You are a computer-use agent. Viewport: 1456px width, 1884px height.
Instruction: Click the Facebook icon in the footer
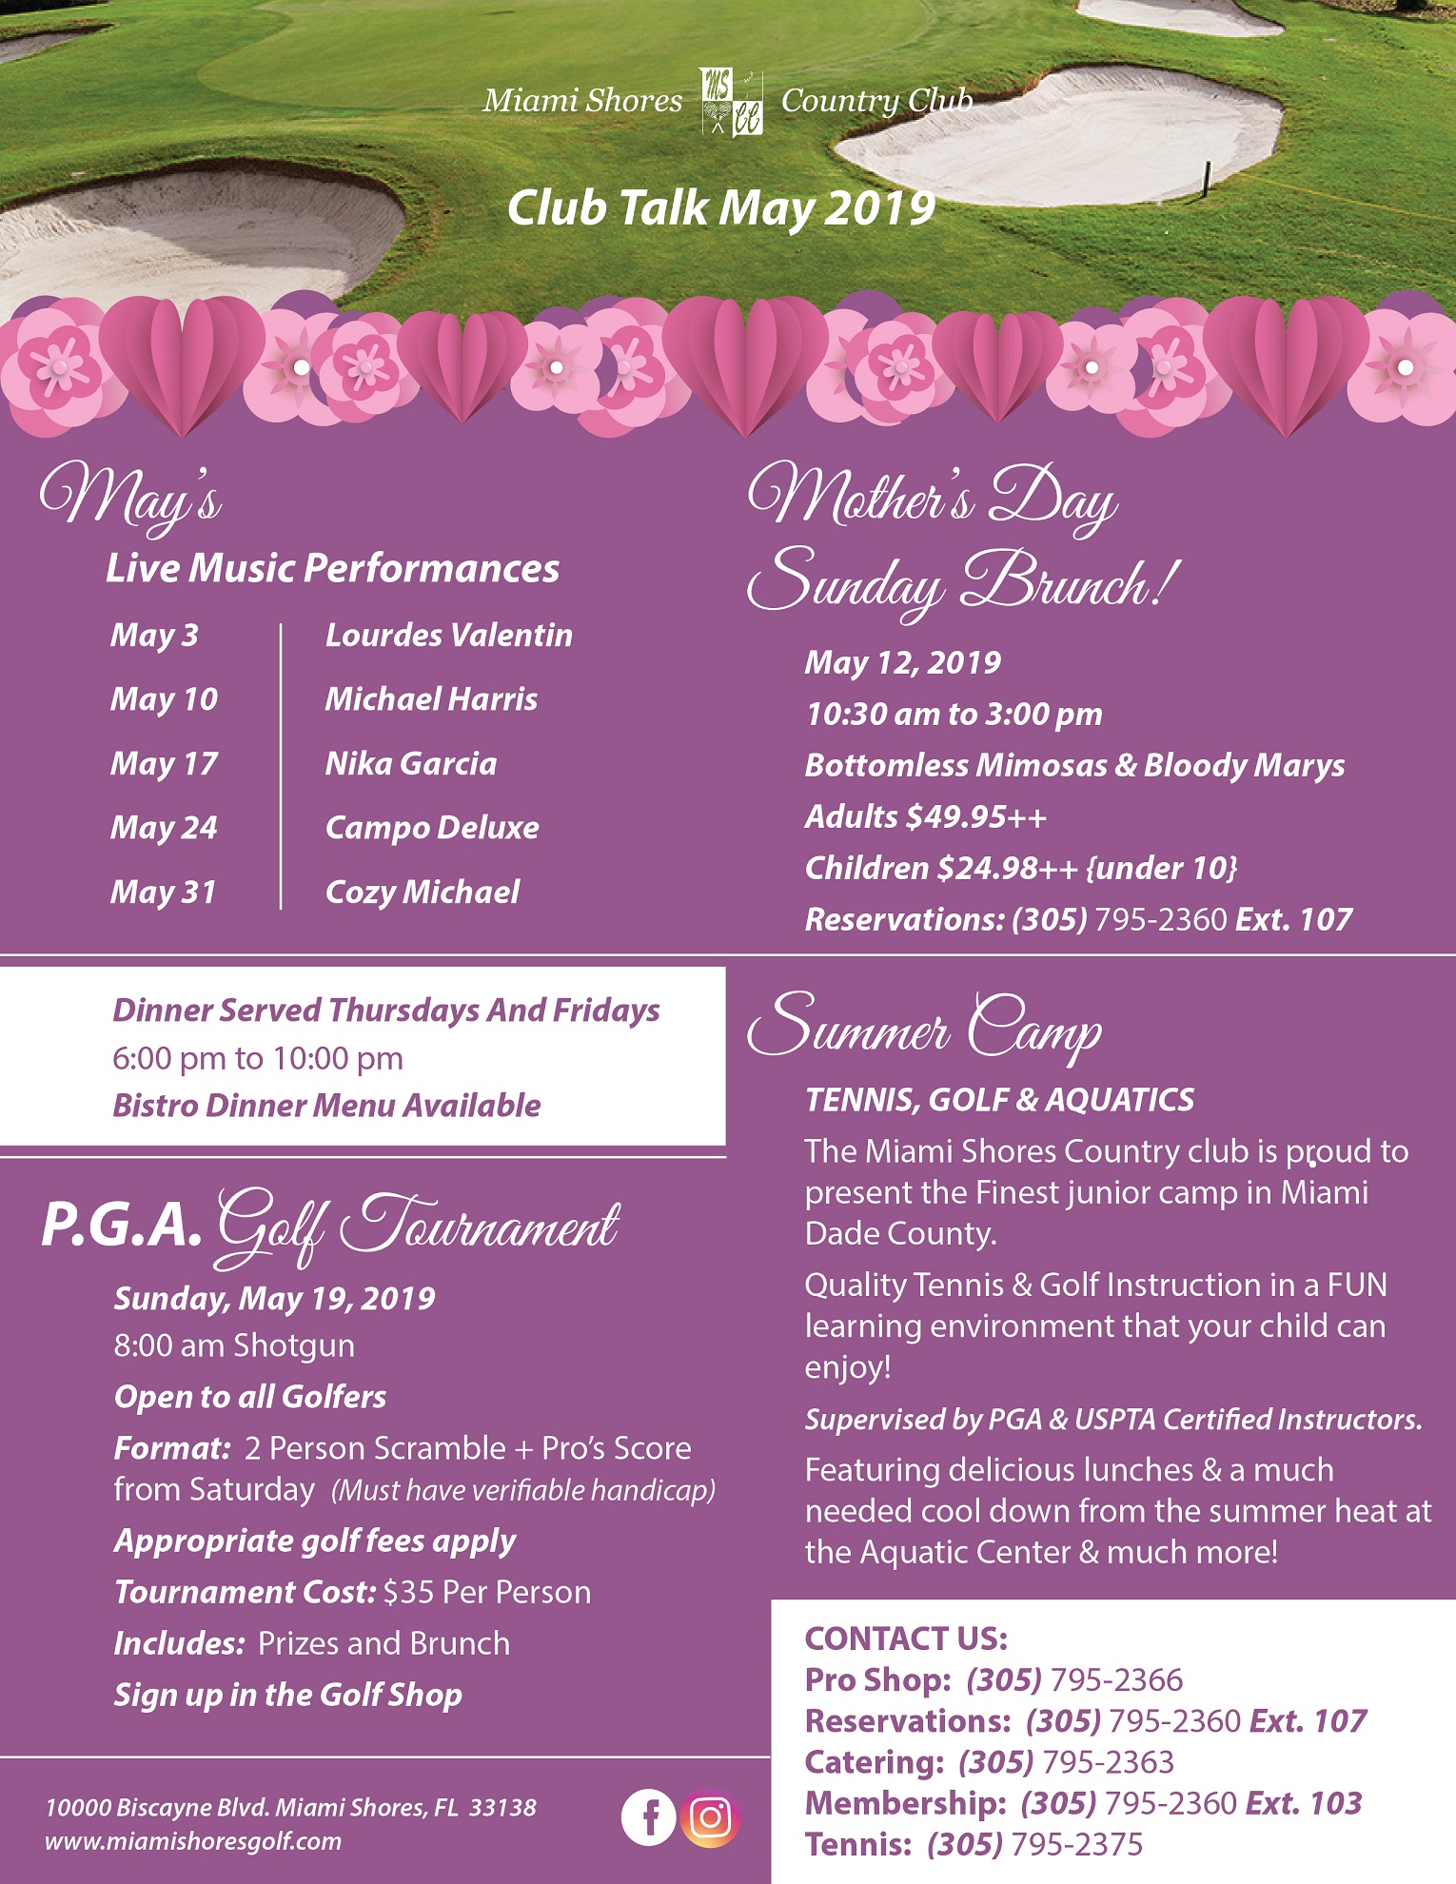(648, 1817)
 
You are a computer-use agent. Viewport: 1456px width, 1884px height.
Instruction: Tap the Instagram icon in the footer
(710, 1817)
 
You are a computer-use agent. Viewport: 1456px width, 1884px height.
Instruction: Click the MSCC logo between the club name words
(732, 101)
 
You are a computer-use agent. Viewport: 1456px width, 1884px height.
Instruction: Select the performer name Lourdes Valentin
(448, 636)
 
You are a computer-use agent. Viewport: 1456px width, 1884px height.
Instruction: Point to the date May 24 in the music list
(164, 828)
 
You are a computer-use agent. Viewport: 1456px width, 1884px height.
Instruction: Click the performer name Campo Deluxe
(432, 828)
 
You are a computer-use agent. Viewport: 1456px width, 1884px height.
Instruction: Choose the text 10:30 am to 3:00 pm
(954, 715)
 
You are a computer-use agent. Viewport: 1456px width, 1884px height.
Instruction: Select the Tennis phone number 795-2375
(1076, 1845)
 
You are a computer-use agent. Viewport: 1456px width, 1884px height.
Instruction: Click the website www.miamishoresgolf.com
(193, 1841)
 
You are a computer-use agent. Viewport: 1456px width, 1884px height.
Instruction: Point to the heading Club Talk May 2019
(720, 208)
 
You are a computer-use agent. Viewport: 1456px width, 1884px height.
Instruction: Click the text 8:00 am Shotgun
(234, 1346)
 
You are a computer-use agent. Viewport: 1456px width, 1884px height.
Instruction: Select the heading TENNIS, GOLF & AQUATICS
(999, 1100)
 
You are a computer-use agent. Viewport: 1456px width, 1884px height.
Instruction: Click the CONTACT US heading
(906, 1639)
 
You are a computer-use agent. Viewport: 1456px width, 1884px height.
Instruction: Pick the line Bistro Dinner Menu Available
(326, 1106)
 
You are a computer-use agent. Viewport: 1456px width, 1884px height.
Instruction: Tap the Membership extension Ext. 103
(1304, 1803)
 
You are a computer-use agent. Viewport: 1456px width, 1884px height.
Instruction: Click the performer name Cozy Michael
(423, 893)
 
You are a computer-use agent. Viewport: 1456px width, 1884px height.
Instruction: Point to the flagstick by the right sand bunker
(1208, 177)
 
